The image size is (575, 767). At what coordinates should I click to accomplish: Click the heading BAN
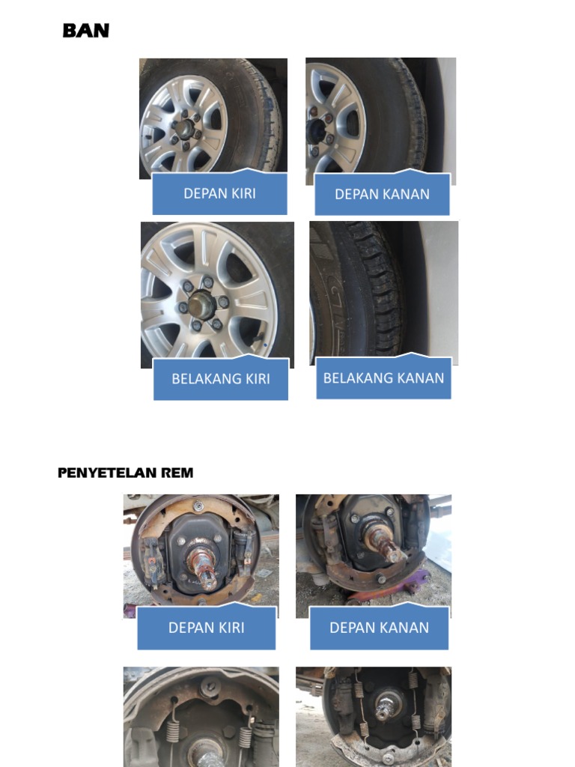pos(86,31)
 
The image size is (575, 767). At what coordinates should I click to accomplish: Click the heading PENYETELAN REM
pos(125,473)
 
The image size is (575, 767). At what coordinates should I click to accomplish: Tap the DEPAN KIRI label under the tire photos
pos(219,193)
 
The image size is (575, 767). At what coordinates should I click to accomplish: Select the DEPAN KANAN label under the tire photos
pos(382,194)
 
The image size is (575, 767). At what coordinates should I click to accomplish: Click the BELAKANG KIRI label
pos(220,378)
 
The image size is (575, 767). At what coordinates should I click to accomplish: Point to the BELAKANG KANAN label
pos(383,378)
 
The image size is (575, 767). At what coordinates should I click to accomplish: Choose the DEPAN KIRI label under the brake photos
pos(206,628)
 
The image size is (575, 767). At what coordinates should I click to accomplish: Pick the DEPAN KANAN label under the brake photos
pos(379,628)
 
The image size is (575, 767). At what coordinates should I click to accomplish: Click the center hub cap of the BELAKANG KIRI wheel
pos(201,303)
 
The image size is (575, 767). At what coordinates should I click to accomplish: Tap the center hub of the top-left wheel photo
pos(183,128)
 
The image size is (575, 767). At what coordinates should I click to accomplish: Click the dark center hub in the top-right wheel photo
pos(315,132)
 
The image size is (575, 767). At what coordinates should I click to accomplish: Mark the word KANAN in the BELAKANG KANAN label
pos(421,378)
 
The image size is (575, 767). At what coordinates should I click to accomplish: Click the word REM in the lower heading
pos(180,473)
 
